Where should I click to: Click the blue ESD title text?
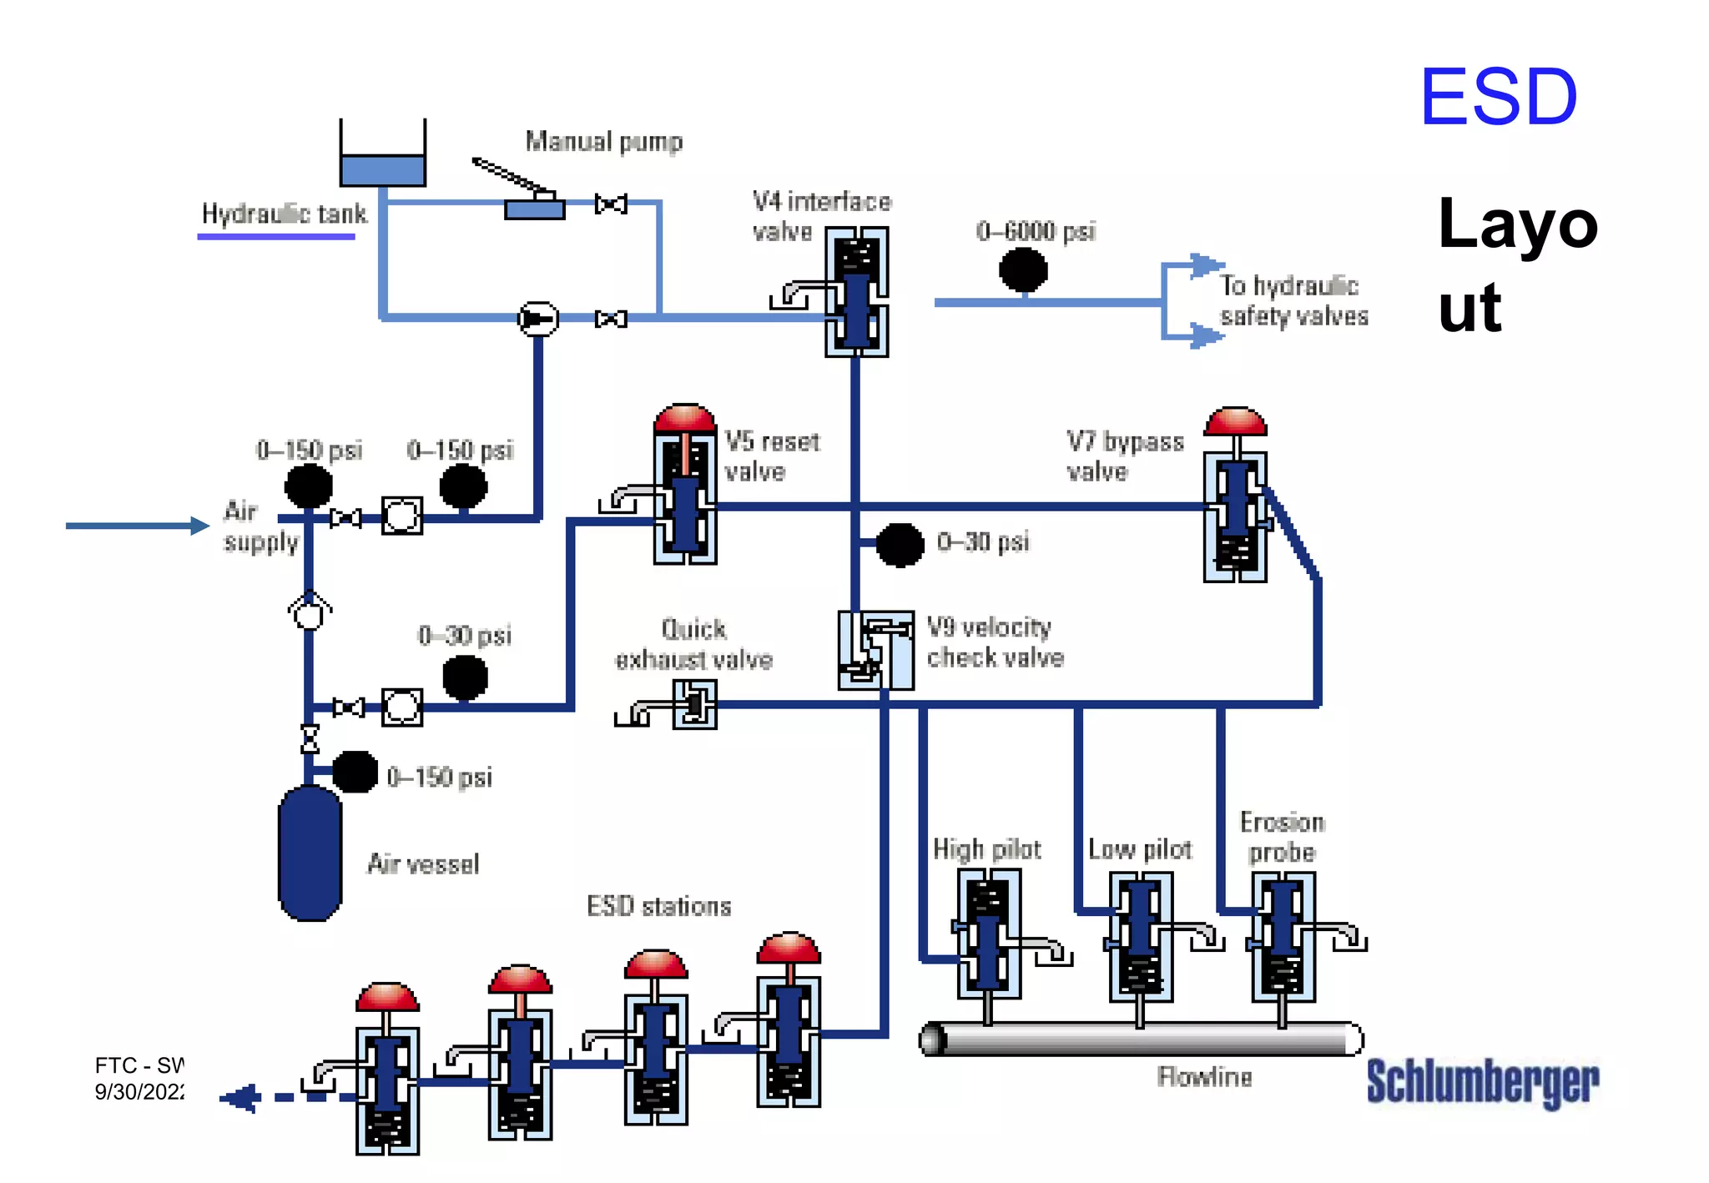(1498, 98)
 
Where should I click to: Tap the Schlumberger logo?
(1482, 1081)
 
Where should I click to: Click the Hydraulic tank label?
(284, 214)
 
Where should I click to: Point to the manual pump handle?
(509, 176)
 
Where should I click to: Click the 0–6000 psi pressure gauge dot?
(1023, 269)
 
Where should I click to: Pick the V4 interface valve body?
(856, 292)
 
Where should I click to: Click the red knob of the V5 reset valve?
(684, 418)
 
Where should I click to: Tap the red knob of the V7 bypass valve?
(1236, 421)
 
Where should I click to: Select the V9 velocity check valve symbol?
(875, 650)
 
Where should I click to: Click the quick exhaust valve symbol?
(694, 704)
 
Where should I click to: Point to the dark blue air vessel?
(310, 853)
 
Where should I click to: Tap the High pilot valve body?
(988, 934)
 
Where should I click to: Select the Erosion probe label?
(1282, 837)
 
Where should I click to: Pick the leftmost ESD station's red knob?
(387, 996)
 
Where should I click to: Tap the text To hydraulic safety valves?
(1293, 300)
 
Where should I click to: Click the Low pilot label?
(1139, 849)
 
